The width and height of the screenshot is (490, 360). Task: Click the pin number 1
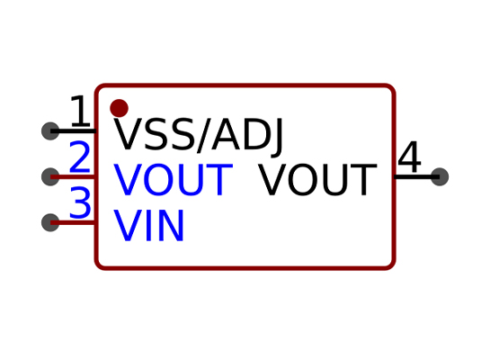80,111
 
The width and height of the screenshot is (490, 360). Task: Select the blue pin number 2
80,157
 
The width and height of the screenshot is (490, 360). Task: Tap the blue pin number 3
80,202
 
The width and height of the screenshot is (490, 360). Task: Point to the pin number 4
410,157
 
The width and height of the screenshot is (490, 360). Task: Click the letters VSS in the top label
155,133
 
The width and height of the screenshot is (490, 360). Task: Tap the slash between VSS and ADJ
203,135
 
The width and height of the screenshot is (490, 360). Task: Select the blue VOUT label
174,180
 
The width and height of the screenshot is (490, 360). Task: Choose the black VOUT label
317,180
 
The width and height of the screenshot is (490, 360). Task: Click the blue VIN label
148,225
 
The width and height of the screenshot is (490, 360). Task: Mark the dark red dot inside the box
119,108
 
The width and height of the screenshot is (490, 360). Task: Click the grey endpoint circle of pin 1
50,131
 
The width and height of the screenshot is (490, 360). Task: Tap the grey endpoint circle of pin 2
50,176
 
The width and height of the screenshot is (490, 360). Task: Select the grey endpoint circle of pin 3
50,222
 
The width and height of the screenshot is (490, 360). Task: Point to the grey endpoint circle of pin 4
440,176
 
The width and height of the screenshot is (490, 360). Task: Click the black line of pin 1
74,131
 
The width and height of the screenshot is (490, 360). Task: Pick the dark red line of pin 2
74,176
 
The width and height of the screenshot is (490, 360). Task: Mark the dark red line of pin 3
74,222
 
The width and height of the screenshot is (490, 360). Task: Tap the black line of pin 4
416,176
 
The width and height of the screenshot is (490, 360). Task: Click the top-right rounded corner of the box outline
392,88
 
